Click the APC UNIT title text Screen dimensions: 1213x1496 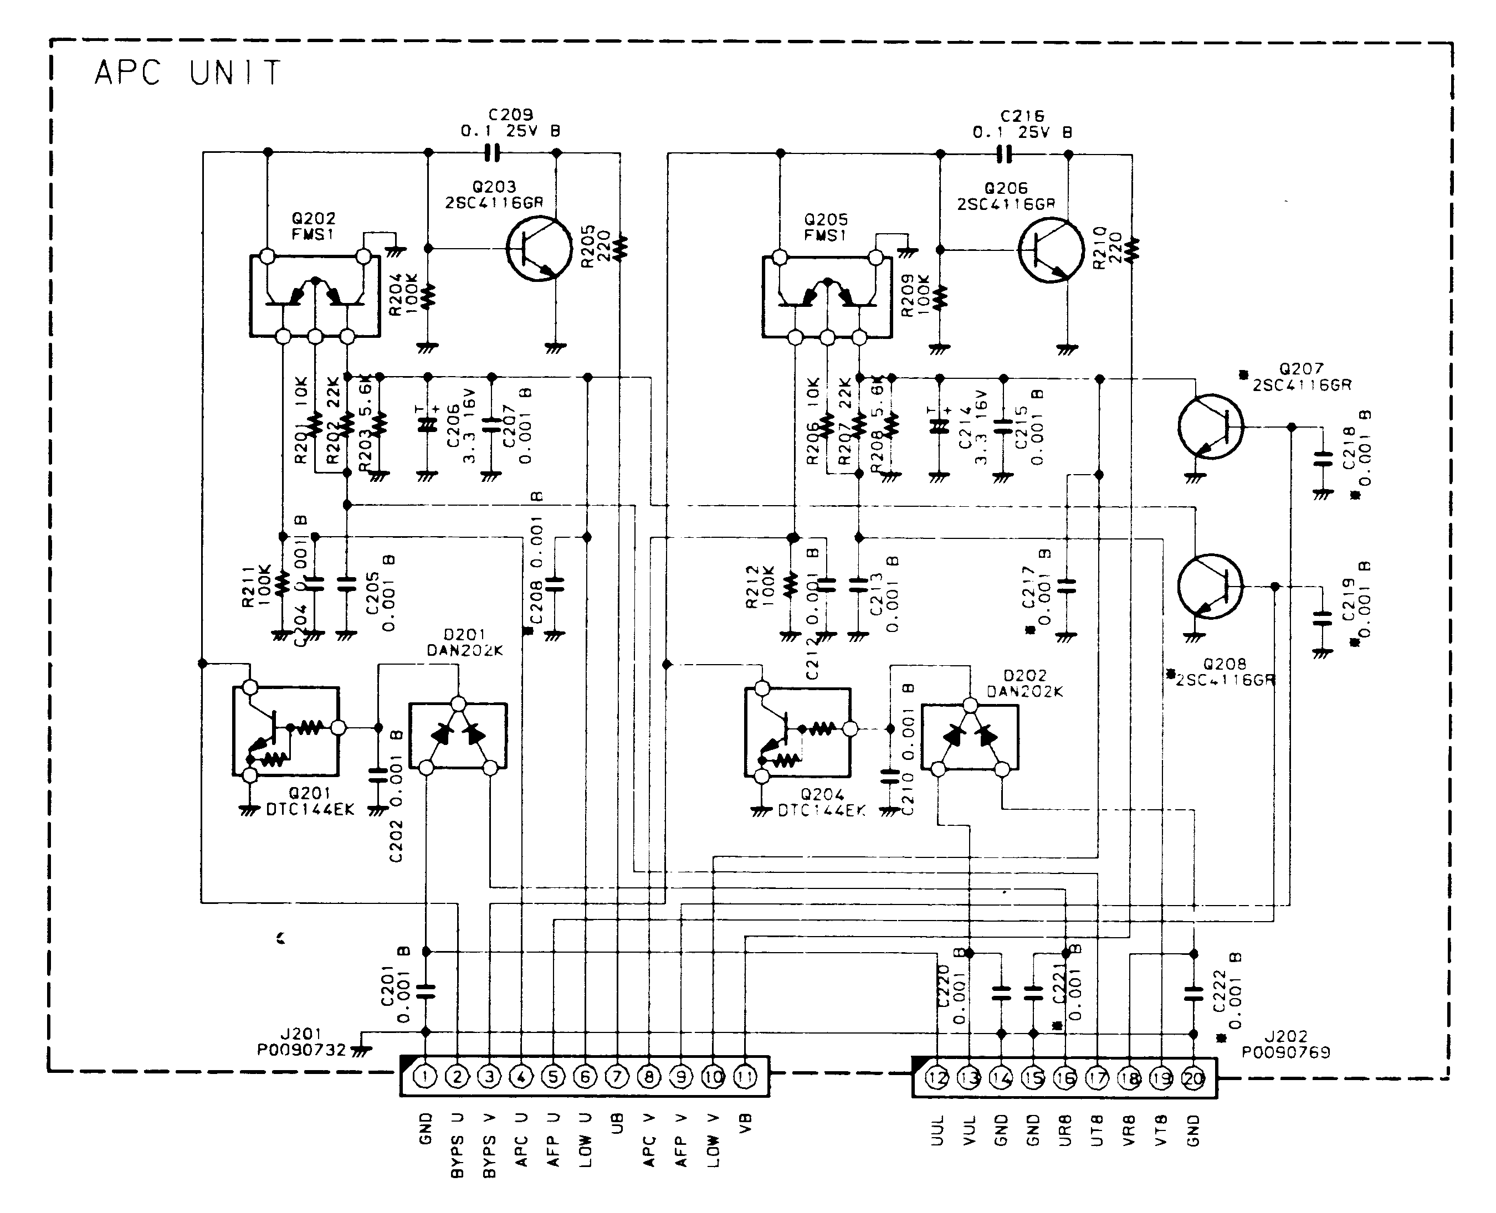pos(187,73)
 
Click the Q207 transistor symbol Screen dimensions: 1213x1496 pos(1210,427)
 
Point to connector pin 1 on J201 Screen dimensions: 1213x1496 pos(425,1077)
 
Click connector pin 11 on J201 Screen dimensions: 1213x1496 pos(745,1077)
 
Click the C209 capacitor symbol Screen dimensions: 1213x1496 pos(493,152)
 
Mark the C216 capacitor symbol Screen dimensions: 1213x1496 pos(1005,154)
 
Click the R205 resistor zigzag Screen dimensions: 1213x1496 pos(620,248)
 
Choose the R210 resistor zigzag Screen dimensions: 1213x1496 pos(1132,249)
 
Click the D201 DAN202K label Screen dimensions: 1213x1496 pos(464,643)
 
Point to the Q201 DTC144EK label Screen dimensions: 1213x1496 pos(310,801)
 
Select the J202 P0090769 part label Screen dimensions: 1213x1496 pos(1285,1045)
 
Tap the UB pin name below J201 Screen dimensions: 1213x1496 pos(617,1124)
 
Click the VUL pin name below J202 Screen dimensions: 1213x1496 pos(970,1130)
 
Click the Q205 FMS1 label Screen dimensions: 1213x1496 pos(826,228)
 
